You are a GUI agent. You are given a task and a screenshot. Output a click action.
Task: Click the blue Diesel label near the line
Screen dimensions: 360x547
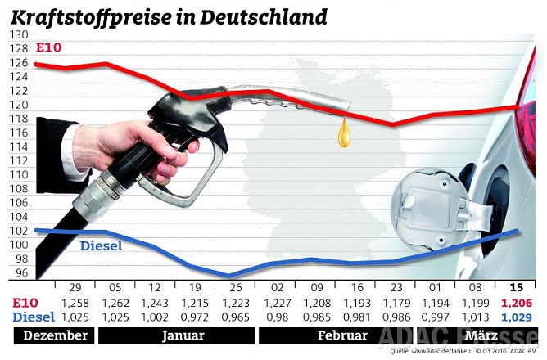[x=101, y=245]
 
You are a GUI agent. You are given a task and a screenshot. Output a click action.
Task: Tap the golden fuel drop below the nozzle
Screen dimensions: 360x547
[x=345, y=133]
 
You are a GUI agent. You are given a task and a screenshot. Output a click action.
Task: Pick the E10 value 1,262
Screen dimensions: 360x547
[x=114, y=303]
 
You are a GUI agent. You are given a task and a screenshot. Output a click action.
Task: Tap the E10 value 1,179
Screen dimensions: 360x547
[x=396, y=303]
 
